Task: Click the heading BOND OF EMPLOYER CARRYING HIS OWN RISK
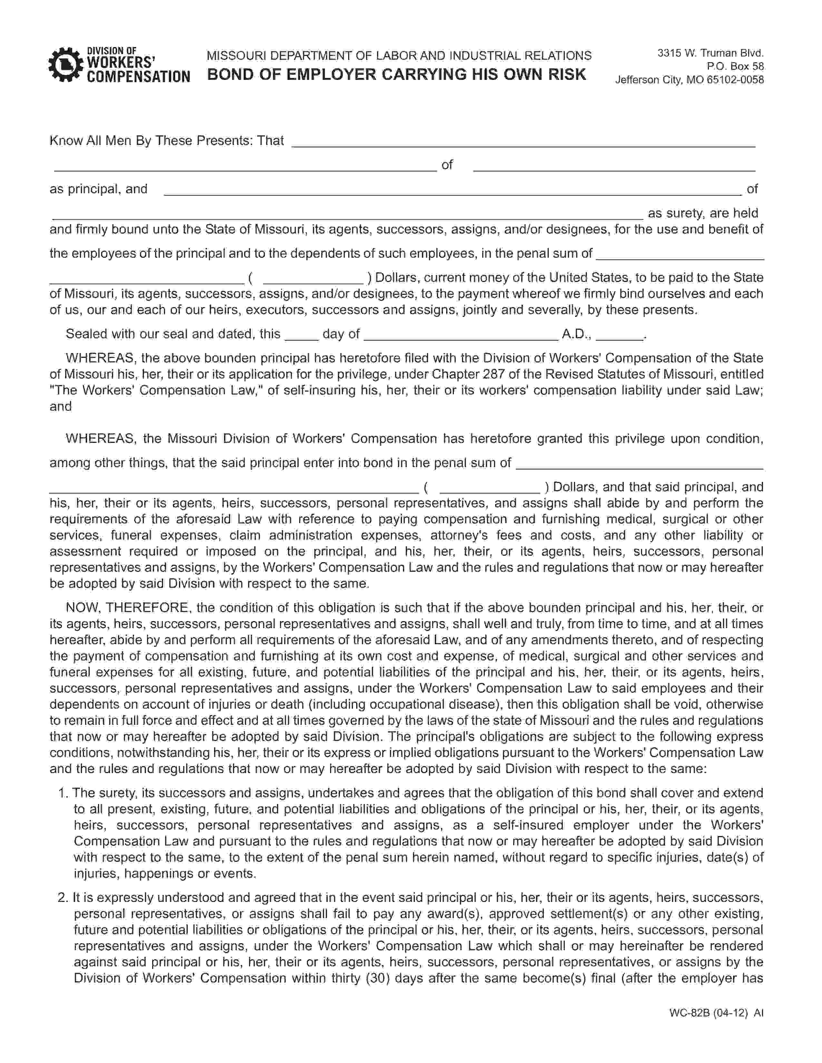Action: (396, 74)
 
